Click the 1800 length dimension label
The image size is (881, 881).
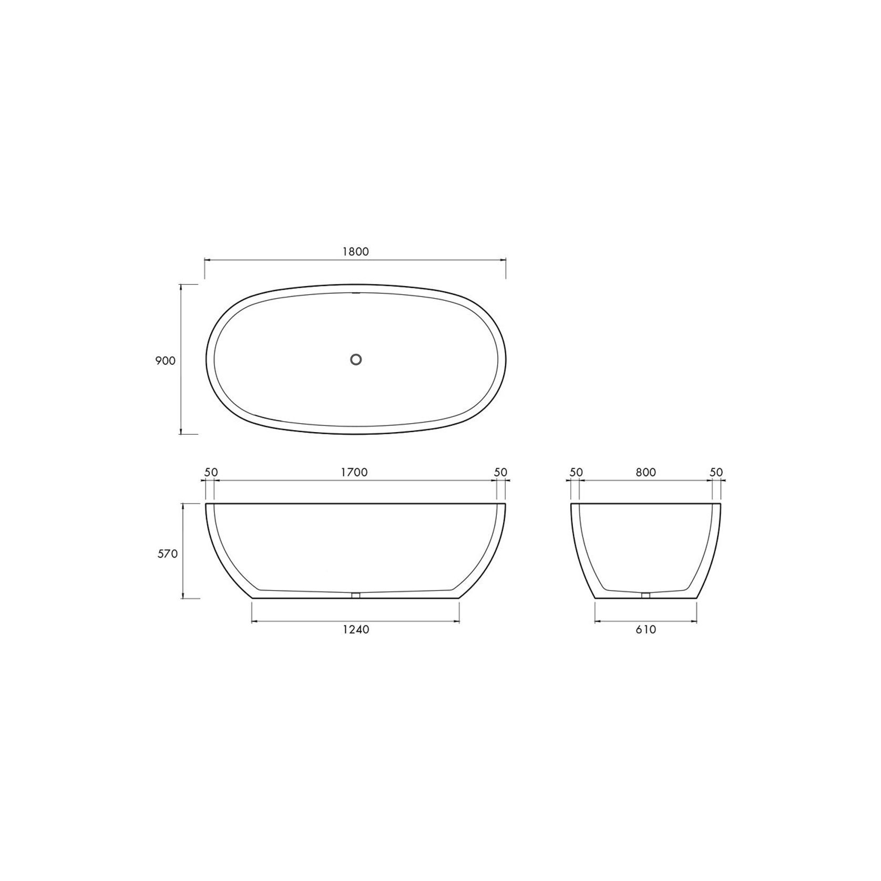[355, 251]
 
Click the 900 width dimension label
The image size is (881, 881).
[165, 361]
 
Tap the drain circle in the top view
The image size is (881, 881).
[356, 360]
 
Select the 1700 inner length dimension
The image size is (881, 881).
[354, 472]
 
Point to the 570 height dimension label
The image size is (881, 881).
[167, 554]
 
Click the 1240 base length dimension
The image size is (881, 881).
[356, 629]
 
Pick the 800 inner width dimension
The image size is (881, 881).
[646, 472]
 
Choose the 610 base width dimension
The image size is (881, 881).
[646, 629]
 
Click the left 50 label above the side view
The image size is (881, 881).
[211, 472]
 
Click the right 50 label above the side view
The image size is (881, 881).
[501, 472]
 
